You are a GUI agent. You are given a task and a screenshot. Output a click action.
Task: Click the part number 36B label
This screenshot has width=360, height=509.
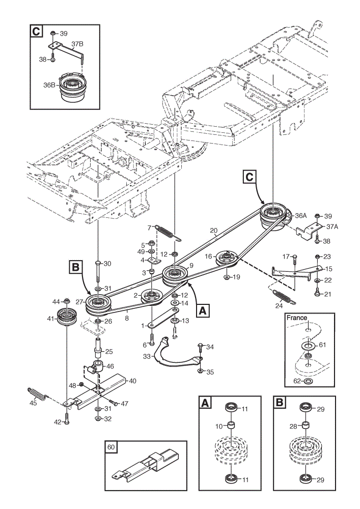tap(49, 85)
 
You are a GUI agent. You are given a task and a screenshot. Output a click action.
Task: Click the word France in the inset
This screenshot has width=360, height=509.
tap(297, 318)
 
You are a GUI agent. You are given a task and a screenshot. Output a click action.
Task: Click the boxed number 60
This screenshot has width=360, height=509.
tap(110, 447)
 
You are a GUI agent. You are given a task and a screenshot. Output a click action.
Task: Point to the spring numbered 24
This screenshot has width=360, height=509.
tap(284, 297)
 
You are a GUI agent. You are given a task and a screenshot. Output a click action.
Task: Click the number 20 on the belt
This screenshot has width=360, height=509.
tap(213, 231)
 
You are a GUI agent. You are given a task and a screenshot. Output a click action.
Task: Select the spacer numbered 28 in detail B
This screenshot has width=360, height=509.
tap(306, 425)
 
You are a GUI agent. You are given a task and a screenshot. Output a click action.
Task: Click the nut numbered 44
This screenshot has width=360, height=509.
tap(67, 301)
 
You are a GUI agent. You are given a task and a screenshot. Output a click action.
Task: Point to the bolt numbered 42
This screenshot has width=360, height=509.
tap(67, 418)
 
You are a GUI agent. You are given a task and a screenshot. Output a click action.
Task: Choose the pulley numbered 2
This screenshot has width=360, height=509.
tap(152, 296)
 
